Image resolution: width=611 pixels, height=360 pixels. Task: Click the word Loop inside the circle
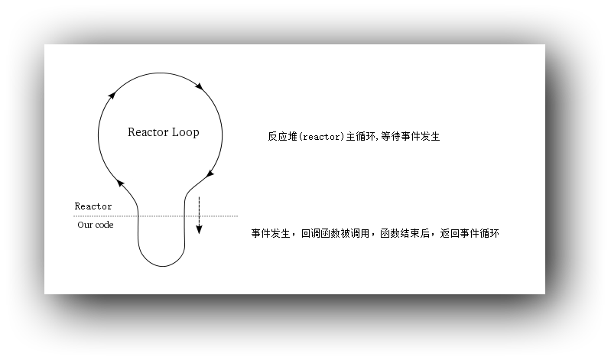[186, 132]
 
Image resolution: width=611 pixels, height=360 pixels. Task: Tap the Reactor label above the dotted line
[93, 206]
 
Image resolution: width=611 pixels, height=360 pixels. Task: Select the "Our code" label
[96, 225]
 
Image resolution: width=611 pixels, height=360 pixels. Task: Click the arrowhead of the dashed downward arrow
[199, 229]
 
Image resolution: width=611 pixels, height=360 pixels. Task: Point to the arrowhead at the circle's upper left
[112, 95]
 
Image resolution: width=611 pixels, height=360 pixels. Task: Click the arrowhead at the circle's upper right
[199, 86]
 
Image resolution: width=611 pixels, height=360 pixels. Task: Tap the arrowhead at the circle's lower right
[210, 174]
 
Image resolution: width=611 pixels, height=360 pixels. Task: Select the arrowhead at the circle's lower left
[120, 183]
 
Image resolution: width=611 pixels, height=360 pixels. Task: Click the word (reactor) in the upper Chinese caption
[321, 137]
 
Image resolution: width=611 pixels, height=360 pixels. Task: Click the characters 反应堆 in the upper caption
[282, 136]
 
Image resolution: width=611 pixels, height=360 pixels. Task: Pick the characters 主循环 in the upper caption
[361, 136]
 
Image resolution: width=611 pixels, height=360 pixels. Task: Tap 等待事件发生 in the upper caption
[411, 136]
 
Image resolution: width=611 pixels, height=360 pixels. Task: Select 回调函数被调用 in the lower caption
[335, 233]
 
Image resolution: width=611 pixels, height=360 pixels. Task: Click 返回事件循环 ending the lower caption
[470, 233]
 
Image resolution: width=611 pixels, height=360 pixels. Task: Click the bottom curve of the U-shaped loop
[161, 266]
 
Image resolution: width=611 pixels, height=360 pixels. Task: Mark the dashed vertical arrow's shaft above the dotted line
[199, 206]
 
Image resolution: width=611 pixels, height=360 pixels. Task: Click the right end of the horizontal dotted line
[237, 216]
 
